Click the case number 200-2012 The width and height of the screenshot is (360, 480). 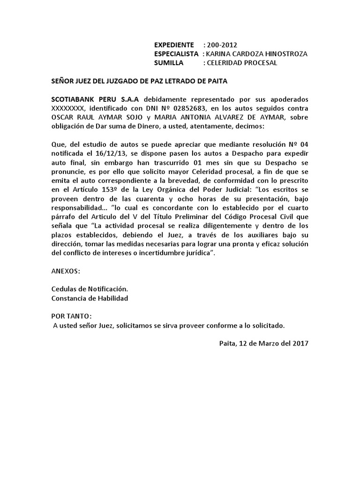[222, 45]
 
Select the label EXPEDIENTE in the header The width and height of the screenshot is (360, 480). [174, 45]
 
